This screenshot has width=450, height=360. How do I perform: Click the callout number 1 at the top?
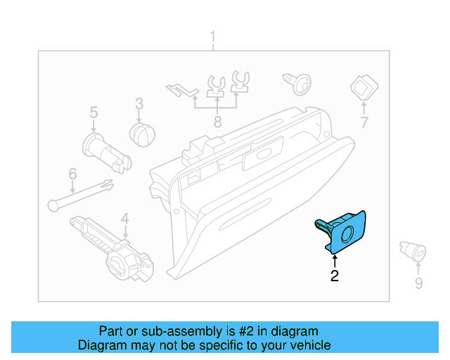[214, 37]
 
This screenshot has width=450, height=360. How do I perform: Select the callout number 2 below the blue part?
[335, 276]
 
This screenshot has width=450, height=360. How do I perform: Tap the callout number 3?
[139, 103]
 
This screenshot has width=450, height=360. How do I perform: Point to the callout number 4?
[124, 219]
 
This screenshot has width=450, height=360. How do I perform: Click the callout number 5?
[93, 112]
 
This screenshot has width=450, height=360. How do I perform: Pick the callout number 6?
[72, 173]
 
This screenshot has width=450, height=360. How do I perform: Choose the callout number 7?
[364, 123]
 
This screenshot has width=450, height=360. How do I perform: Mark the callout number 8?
[217, 122]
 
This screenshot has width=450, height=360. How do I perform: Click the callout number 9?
[418, 283]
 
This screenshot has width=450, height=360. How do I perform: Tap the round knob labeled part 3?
[143, 133]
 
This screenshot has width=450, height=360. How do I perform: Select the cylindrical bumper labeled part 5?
[105, 151]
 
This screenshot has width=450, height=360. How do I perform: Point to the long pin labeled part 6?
[81, 194]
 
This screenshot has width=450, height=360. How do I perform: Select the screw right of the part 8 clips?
[297, 82]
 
